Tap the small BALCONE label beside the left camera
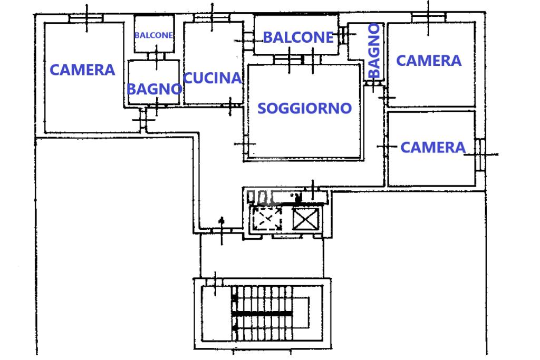pyautogui.click(x=153, y=35)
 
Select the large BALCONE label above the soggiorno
pyautogui.click(x=298, y=37)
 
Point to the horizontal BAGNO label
pyautogui.click(x=154, y=89)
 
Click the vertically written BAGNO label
pyautogui.click(x=374, y=50)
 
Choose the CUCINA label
pyautogui.click(x=213, y=79)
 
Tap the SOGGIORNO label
pyautogui.click(x=304, y=108)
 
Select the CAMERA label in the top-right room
pyautogui.click(x=429, y=61)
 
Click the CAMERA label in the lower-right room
pyautogui.click(x=433, y=147)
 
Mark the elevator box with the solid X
pyautogui.click(x=306, y=219)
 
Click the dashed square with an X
pyautogui.click(x=266, y=217)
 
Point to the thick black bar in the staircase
pyautogui.click(x=263, y=313)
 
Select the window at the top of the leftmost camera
pyautogui.click(x=86, y=18)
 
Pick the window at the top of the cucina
pyautogui.click(x=212, y=18)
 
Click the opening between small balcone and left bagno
pyautogui.click(x=157, y=56)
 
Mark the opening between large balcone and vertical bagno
pyautogui.click(x=343, y=35)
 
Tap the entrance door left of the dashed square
pyautogui.click(x=220, y=230)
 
